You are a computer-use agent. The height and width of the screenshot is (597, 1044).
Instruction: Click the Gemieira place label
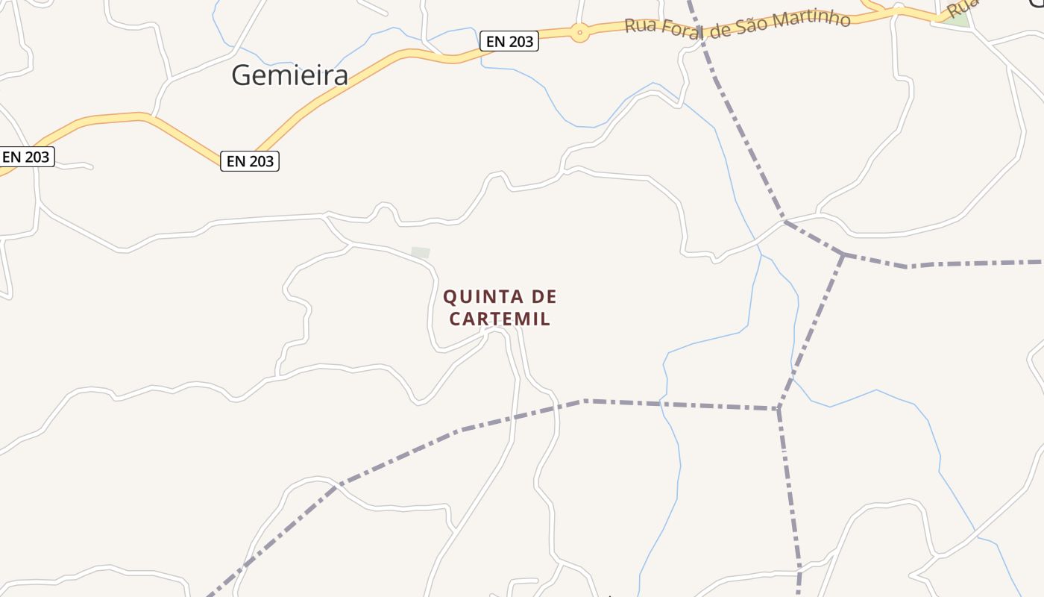coord(289,75)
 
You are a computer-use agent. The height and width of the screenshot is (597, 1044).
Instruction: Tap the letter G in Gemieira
coord(241,75)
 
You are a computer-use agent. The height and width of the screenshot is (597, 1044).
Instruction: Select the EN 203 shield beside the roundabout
coord(509,42)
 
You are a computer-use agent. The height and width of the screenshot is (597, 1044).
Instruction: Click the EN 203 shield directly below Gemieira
coord(249,160)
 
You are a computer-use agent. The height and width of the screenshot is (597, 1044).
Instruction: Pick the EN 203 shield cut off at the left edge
coord(25,157)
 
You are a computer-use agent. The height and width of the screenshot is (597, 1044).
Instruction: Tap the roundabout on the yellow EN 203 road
coord(579,32)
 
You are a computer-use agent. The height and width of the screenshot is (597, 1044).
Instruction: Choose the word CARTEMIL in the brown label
coord(500,319)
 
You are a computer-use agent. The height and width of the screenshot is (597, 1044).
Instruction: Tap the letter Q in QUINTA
coord(450,297)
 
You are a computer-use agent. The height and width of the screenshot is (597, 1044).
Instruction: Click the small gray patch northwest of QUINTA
coord(421,253)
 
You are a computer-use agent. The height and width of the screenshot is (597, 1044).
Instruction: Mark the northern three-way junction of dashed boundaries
coord(843,254)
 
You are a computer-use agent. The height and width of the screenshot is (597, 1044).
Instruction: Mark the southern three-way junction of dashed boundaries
coord(779,408)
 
